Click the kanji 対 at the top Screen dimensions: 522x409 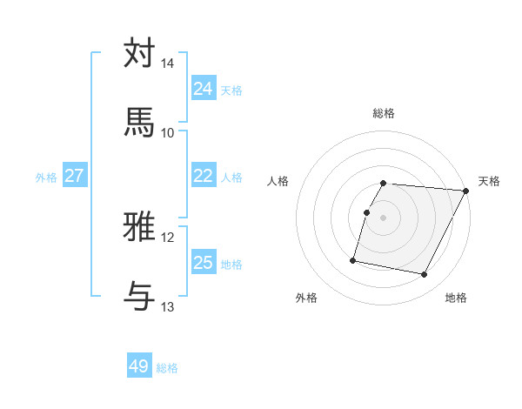pyautogui.click(x=140, y=53)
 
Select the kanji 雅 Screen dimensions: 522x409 pyautogui.click(x=140, y=226)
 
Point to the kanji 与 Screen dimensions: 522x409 pyautogui.click(x=140, y=296)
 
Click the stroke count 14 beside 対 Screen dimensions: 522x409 pyautogui.click(x=168, y=64)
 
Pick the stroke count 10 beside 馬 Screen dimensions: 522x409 pyautogui.click(x=168, y=132)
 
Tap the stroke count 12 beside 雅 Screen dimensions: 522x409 pyautogui.click(x=168, y=238)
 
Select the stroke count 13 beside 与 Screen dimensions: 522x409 pyautogui.click(x=168, y=307)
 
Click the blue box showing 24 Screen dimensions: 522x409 pyautogui.click(x=204, y=89)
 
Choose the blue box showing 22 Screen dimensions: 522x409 pyautogui.click(x=204, y=176)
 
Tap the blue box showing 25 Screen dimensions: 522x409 pyautogui.click(x=204, y=263)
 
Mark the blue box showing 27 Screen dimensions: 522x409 pyautogui.click(x=75, y=176)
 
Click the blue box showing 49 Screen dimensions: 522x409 pyautogui.click(x=139, y=367)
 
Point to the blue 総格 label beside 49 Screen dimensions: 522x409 pyautogui.click(x=167, y=368)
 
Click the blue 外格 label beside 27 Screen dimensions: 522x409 pyautogui.click(x=46, y=177)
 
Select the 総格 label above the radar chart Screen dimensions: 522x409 pyautogui.click(x=384, y=113)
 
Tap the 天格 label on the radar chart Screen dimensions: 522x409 pyautogui.click(x=490, y=181)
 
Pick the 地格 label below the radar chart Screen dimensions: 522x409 pyautogui.click(x=456, y=298)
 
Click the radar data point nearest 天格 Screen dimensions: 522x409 pyautogui.click(x=465, y=191)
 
